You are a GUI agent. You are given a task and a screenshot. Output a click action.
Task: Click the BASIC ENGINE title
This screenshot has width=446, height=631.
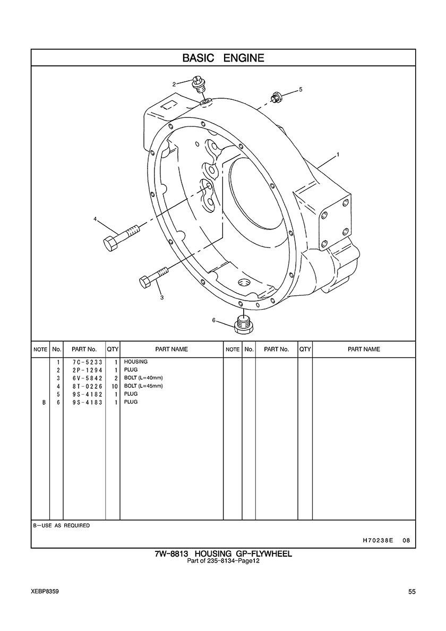pos(223,58)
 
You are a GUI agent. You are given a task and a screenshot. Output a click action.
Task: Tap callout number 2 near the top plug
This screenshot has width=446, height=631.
pos(174,84)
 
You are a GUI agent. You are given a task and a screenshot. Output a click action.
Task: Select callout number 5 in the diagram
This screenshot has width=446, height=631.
pos(301,90)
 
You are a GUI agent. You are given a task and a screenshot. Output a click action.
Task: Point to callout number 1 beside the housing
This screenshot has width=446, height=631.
pos(338,155)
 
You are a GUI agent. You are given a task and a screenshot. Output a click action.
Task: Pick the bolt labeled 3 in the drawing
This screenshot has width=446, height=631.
pos(153,277)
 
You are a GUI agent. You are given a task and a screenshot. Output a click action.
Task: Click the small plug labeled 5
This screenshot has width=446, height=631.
pos(276,97)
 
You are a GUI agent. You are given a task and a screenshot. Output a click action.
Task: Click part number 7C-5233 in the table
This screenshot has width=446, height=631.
pos(84,362)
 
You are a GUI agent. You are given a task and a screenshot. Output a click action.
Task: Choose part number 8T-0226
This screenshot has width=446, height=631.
pos(84,386)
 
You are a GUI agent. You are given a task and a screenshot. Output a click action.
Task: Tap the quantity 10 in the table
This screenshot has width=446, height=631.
pos(114,386)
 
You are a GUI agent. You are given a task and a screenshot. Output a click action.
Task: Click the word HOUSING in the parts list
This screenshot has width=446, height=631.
pos(136,362)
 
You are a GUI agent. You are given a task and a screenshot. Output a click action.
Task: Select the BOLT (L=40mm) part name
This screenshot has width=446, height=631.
pos(143,378)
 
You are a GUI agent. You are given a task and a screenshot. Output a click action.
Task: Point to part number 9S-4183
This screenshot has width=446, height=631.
pos(84,402)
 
